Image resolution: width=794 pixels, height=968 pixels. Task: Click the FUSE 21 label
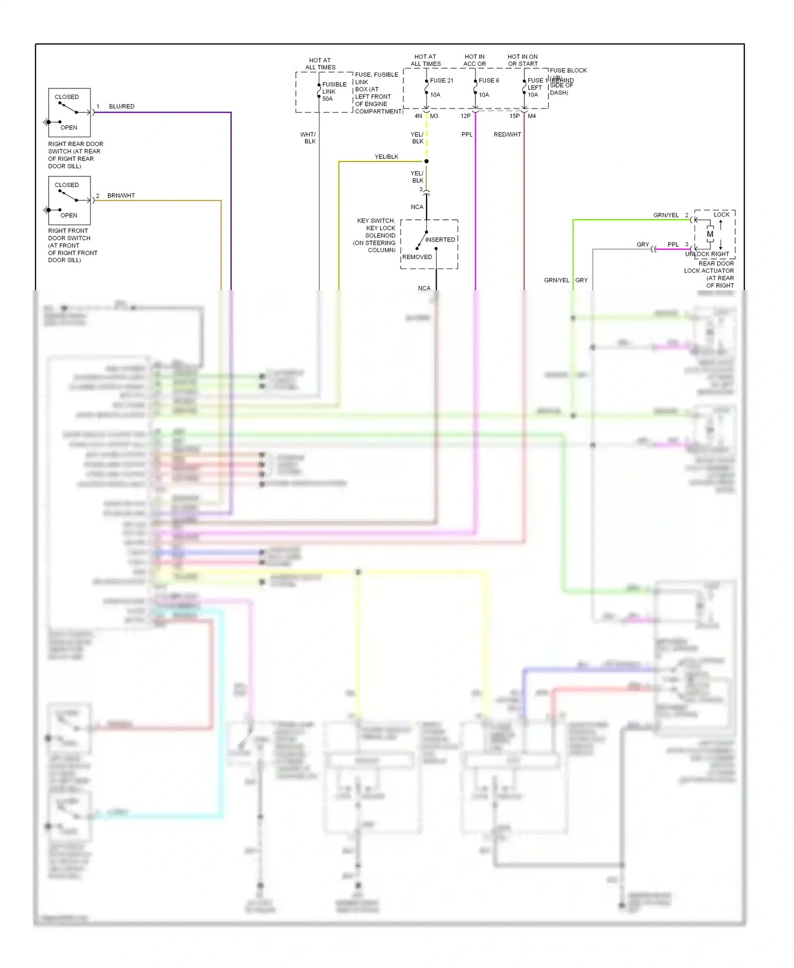tap(441, 80)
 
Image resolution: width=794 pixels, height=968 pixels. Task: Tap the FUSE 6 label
tap(489, 80)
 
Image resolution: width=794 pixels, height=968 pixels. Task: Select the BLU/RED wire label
tap(122, 106)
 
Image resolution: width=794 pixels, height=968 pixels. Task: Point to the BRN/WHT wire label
tap(121, 195)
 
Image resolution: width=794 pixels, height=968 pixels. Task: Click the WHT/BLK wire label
tap(308, 138)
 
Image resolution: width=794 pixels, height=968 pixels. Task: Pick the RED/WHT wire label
tap(508, 135)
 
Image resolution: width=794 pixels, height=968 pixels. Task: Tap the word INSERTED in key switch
tap(440, 240)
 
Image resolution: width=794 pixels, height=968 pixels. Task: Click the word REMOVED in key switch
tap(417, 257)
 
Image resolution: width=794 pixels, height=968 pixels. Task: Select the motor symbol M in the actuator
tap(710, 234)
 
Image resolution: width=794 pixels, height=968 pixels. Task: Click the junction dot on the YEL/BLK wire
tap(426, 161)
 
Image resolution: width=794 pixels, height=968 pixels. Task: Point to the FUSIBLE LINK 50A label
tap(334, 91)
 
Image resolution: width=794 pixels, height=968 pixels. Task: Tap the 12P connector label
tap(466, 116)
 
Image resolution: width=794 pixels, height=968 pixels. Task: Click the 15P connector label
tap(515, 116)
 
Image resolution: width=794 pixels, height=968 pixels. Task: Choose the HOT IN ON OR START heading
tap(522, 60)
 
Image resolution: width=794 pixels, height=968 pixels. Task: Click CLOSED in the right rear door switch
tap(67, 97)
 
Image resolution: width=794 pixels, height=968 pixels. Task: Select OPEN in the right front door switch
tap(69, 216)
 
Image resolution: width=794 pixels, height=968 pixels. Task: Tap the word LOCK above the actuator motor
tap(721, 214)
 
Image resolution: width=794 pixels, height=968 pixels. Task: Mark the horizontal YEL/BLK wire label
tap(386, 157)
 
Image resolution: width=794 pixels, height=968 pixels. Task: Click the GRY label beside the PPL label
tap(643, 245)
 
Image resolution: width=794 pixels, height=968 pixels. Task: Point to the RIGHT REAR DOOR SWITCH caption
tap(75, 155)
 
